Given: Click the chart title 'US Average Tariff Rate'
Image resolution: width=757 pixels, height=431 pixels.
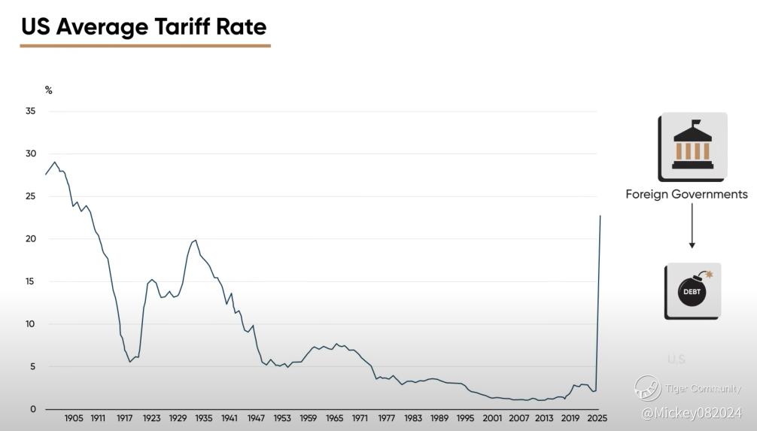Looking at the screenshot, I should tap(143, 27).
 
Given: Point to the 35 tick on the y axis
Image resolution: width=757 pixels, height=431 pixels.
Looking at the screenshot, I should tap(31, 111).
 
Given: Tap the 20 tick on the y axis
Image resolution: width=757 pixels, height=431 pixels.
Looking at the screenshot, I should tap(31, 239).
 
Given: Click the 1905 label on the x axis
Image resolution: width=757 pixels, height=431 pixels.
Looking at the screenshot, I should tap(74, 418).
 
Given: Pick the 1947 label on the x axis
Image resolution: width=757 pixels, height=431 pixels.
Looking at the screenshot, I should tap(256, 418).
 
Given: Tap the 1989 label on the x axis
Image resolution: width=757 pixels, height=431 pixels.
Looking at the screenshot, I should tap(439, 418).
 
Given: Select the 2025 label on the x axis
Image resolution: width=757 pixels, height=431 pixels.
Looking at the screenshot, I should tap(597, 418).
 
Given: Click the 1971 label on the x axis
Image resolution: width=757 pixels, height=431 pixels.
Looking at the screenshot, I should tap(360, 418).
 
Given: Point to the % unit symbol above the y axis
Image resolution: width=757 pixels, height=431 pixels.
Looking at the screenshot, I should tap(49, 90).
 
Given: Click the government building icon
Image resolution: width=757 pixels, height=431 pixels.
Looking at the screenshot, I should tap(692, 147).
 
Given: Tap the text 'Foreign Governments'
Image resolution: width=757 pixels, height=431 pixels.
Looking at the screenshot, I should tap(686, 194).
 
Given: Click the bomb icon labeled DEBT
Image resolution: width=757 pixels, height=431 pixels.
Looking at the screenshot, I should tap(692, 290).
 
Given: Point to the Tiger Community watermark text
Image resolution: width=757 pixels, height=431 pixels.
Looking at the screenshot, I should tap(703, 389).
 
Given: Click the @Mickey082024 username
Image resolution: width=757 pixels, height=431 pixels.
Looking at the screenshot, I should tap(692, 412).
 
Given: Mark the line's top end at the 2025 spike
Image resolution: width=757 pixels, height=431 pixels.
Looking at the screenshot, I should tap(600, 216).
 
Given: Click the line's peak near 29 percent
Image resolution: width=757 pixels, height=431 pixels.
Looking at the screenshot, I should tap(54, 162).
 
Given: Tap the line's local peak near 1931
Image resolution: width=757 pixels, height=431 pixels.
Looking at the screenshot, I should tap(196, 240).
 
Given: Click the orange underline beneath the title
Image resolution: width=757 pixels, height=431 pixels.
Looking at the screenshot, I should tap(144, 46).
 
